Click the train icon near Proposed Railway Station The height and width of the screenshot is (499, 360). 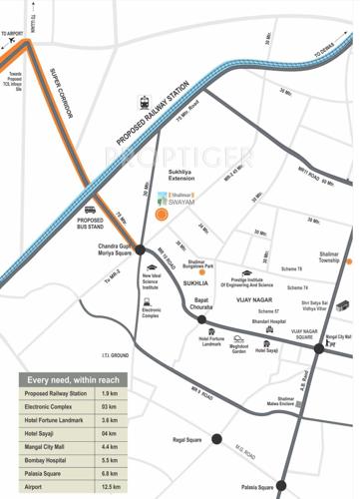point(146,102)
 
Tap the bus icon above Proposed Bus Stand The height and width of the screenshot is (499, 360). point(91,211)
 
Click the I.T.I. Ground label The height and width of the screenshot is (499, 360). point(115,355)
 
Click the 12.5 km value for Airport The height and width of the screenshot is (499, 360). point(112,486)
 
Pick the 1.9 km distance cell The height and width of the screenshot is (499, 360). point(110,393)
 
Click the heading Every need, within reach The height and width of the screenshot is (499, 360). point(73,380)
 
